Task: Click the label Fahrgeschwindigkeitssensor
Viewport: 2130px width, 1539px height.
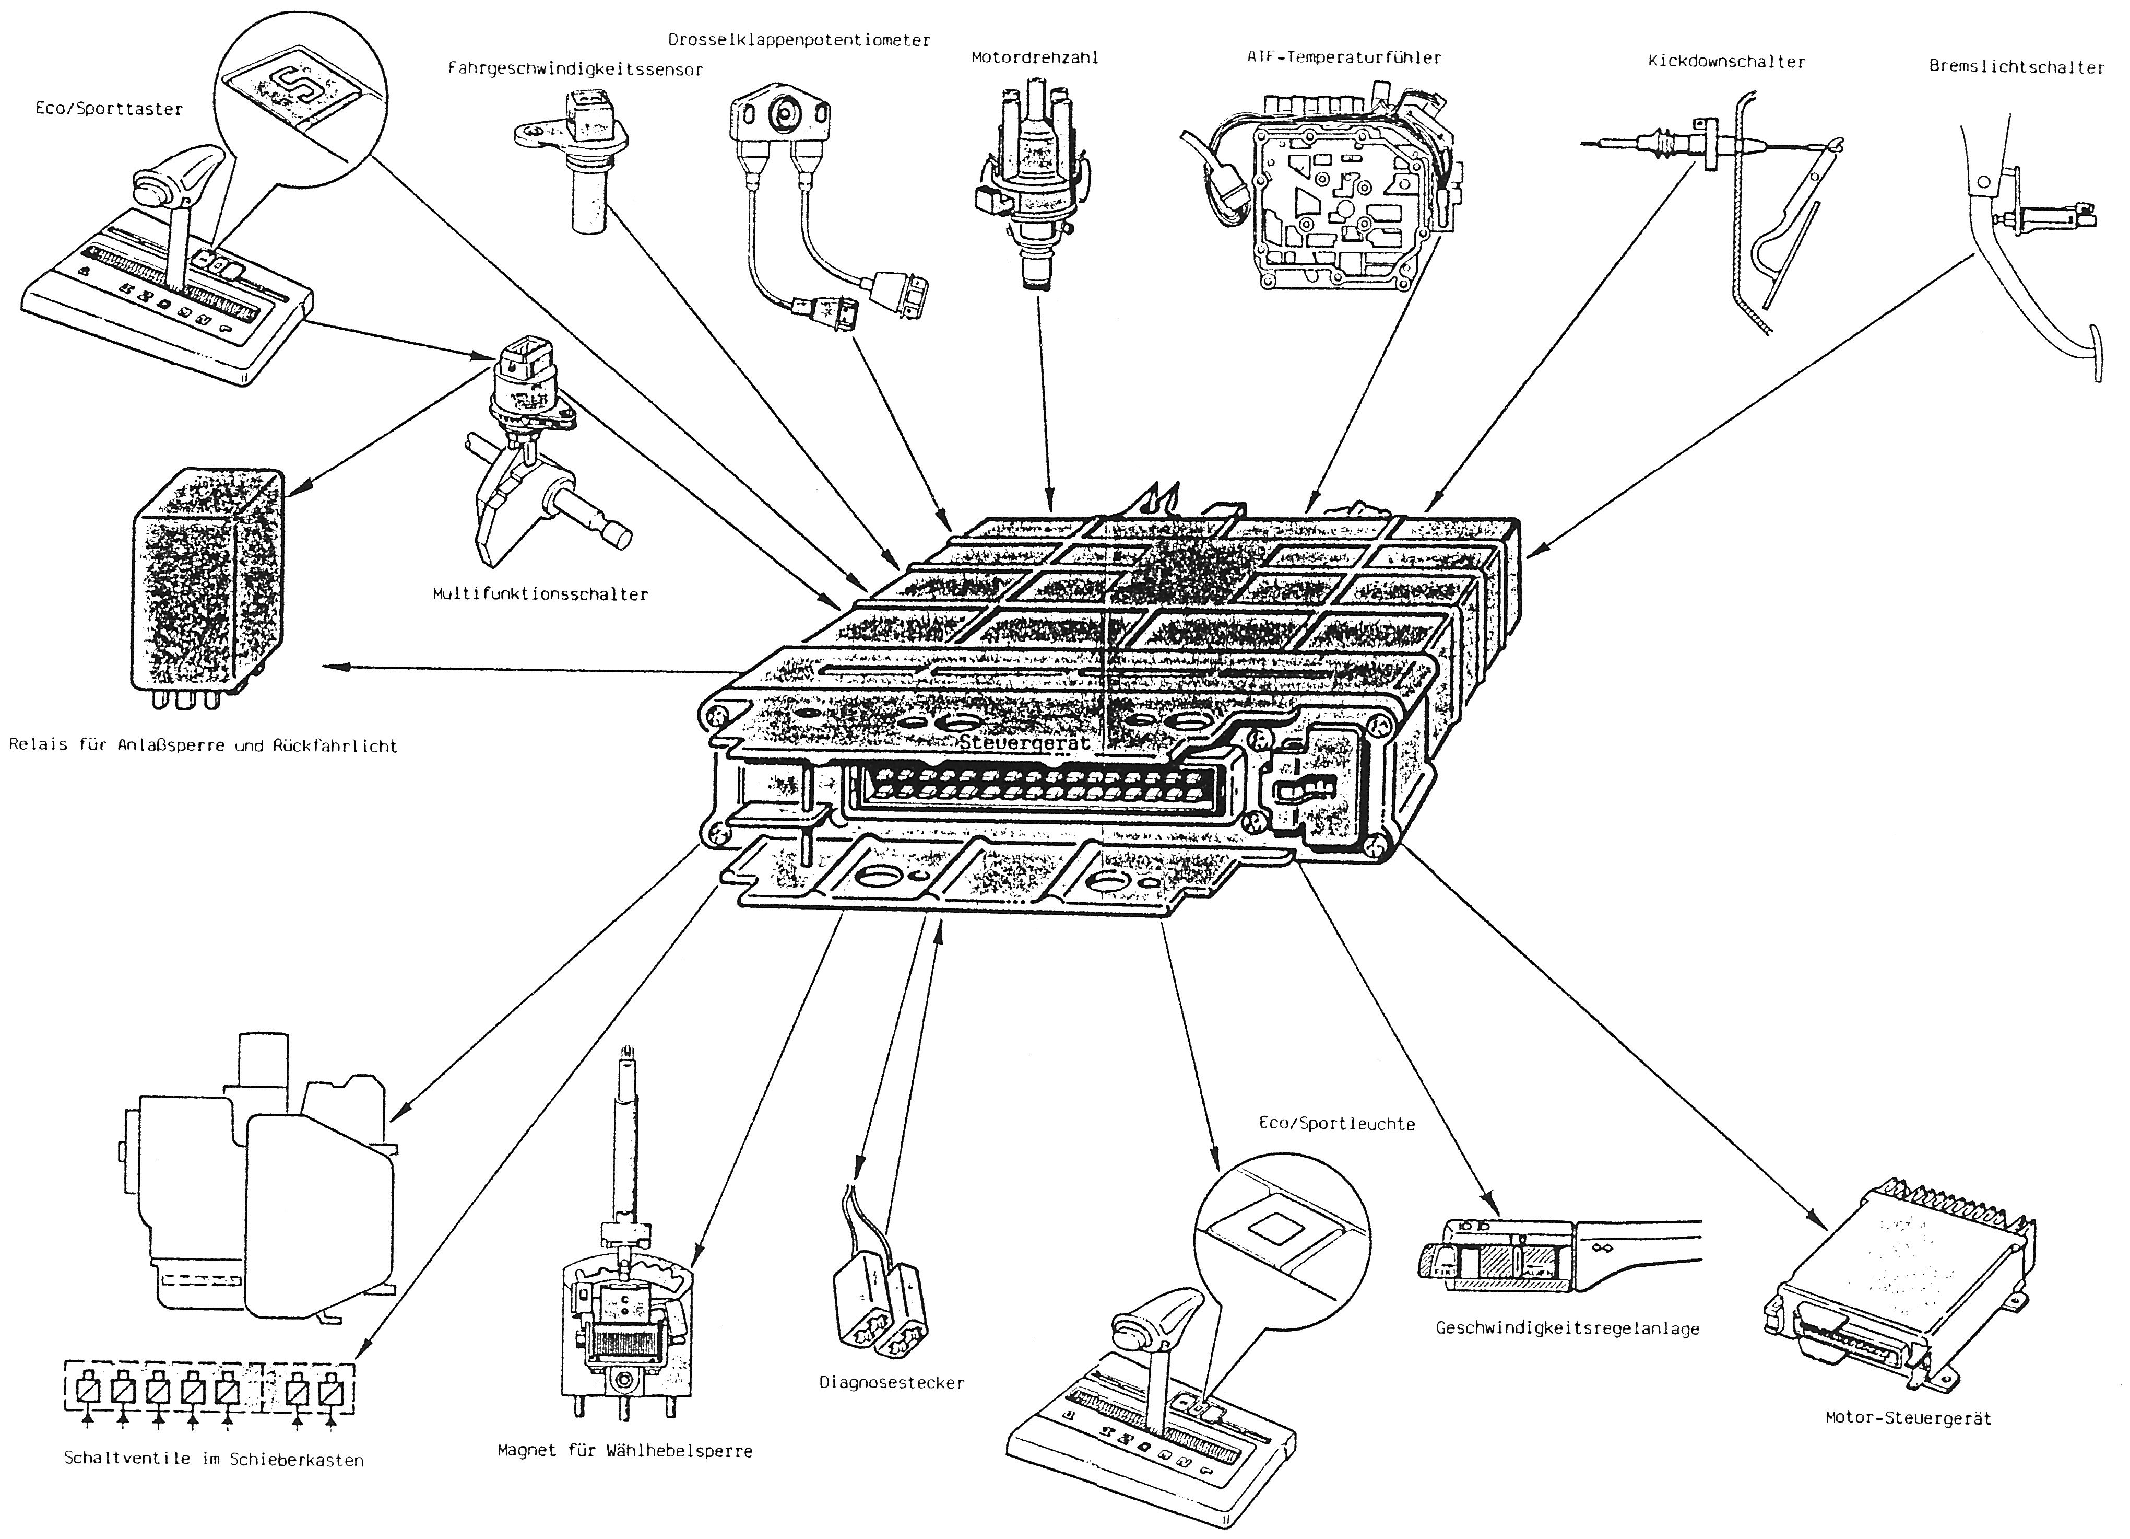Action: tap(575, 69)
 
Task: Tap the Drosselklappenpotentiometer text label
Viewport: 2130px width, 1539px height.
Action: tap(799, 40)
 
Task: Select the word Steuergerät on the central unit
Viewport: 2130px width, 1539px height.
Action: tap(1025, 742)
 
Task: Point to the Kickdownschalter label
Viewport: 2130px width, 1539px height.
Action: tap(1726, 62)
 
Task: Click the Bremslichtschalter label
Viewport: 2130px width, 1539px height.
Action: tap(2016, 67)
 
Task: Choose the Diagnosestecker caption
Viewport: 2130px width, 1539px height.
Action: tap(891, 1383)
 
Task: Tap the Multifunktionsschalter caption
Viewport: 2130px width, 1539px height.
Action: tap(540, 594)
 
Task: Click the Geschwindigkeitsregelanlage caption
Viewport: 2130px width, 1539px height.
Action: tap(1567, 1328)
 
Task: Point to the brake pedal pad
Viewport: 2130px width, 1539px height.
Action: tap(2096, 352)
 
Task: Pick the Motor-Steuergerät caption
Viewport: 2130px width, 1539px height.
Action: tap(1908, 1418)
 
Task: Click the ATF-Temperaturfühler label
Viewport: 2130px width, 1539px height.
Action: tap(1343, 57)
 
